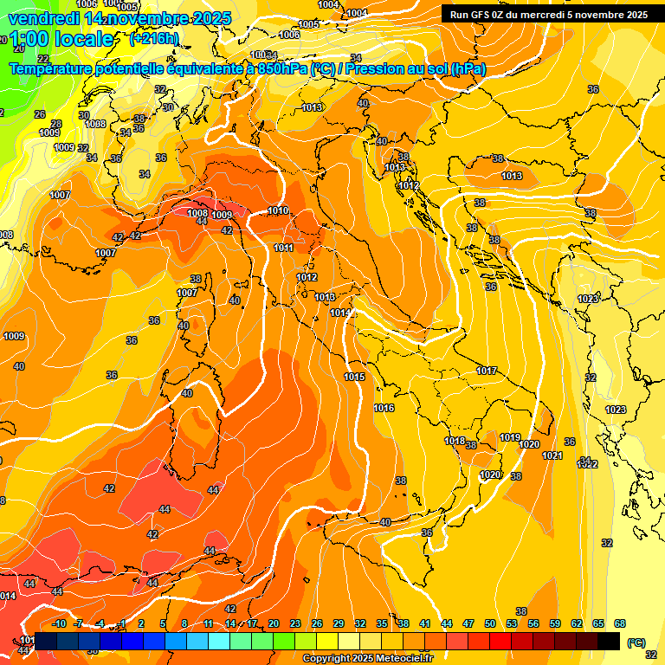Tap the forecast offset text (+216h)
point(154,39)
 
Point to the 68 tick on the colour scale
point(620,623)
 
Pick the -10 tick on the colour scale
point(59,623)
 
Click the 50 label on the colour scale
point(490,623)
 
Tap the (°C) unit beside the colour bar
point(636,642)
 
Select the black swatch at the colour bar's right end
point(609,641)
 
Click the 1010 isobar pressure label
point(278,210)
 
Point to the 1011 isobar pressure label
point(284,249)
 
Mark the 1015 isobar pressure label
point(354,377)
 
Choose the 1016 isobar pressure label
point(384,408)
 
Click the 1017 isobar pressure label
point(487,371)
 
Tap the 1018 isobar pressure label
point(455,442)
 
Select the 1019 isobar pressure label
point(510,437)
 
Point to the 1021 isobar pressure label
point(552,455)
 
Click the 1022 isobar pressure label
point(588,465)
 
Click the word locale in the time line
point(83,39)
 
